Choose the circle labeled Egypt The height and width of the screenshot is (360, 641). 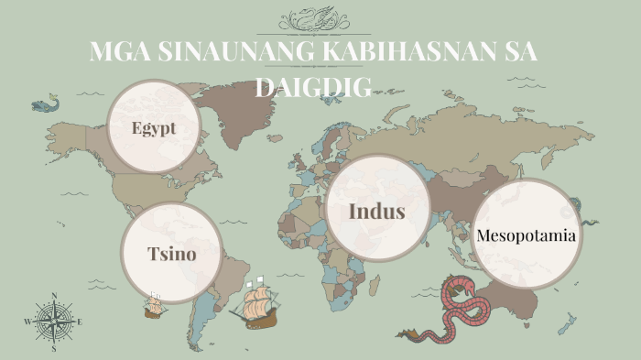tap(154, 128)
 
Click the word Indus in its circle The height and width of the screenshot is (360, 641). tap(376, 212)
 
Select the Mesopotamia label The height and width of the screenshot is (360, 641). tap(527, 235)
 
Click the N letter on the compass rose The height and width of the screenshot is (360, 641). tap(54, 296)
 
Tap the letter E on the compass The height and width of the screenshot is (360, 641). tap(80, 322)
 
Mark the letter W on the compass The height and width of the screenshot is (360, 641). tap(27, 322)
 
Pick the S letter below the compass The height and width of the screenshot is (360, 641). tap(54, 348)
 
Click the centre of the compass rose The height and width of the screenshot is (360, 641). tap(54, 322)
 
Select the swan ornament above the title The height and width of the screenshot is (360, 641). tap(320, 18)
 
